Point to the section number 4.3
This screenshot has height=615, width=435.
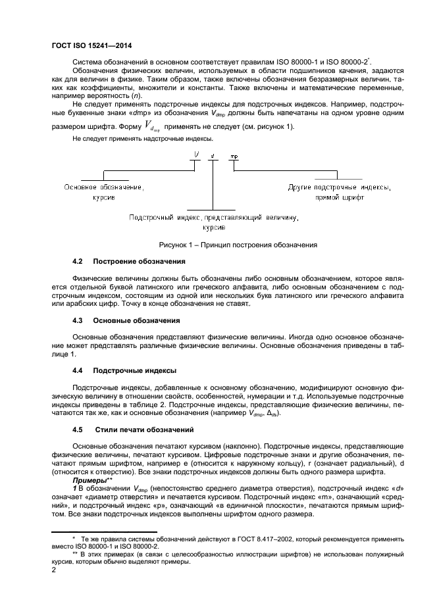(x=78, y=320)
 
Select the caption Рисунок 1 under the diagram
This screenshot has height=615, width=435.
(x=238, y=245)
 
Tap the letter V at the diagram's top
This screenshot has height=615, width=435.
(x=197, y=156)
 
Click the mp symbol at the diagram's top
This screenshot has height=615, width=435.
(x=234, y=157)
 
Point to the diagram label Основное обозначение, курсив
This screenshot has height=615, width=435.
(x=103, y=192)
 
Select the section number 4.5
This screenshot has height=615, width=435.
(x=78, y=429)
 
